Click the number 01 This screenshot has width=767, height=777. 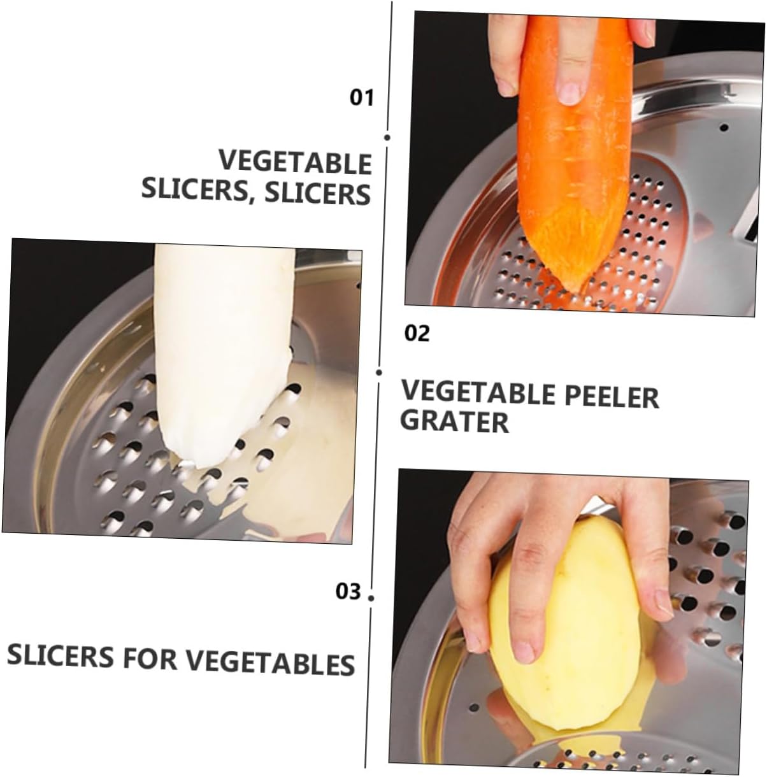click(362, 97)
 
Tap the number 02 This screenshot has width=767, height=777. click(417, 333)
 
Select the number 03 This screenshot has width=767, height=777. click(348, 592)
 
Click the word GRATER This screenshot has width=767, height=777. click(454, 422)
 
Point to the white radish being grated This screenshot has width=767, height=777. click(223, 350)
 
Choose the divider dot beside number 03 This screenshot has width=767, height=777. click(371, 597)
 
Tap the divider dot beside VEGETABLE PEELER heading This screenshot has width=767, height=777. click(379, 372)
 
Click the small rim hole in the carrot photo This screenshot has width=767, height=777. click(723, 127)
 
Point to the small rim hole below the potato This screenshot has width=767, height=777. click(472, 708)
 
